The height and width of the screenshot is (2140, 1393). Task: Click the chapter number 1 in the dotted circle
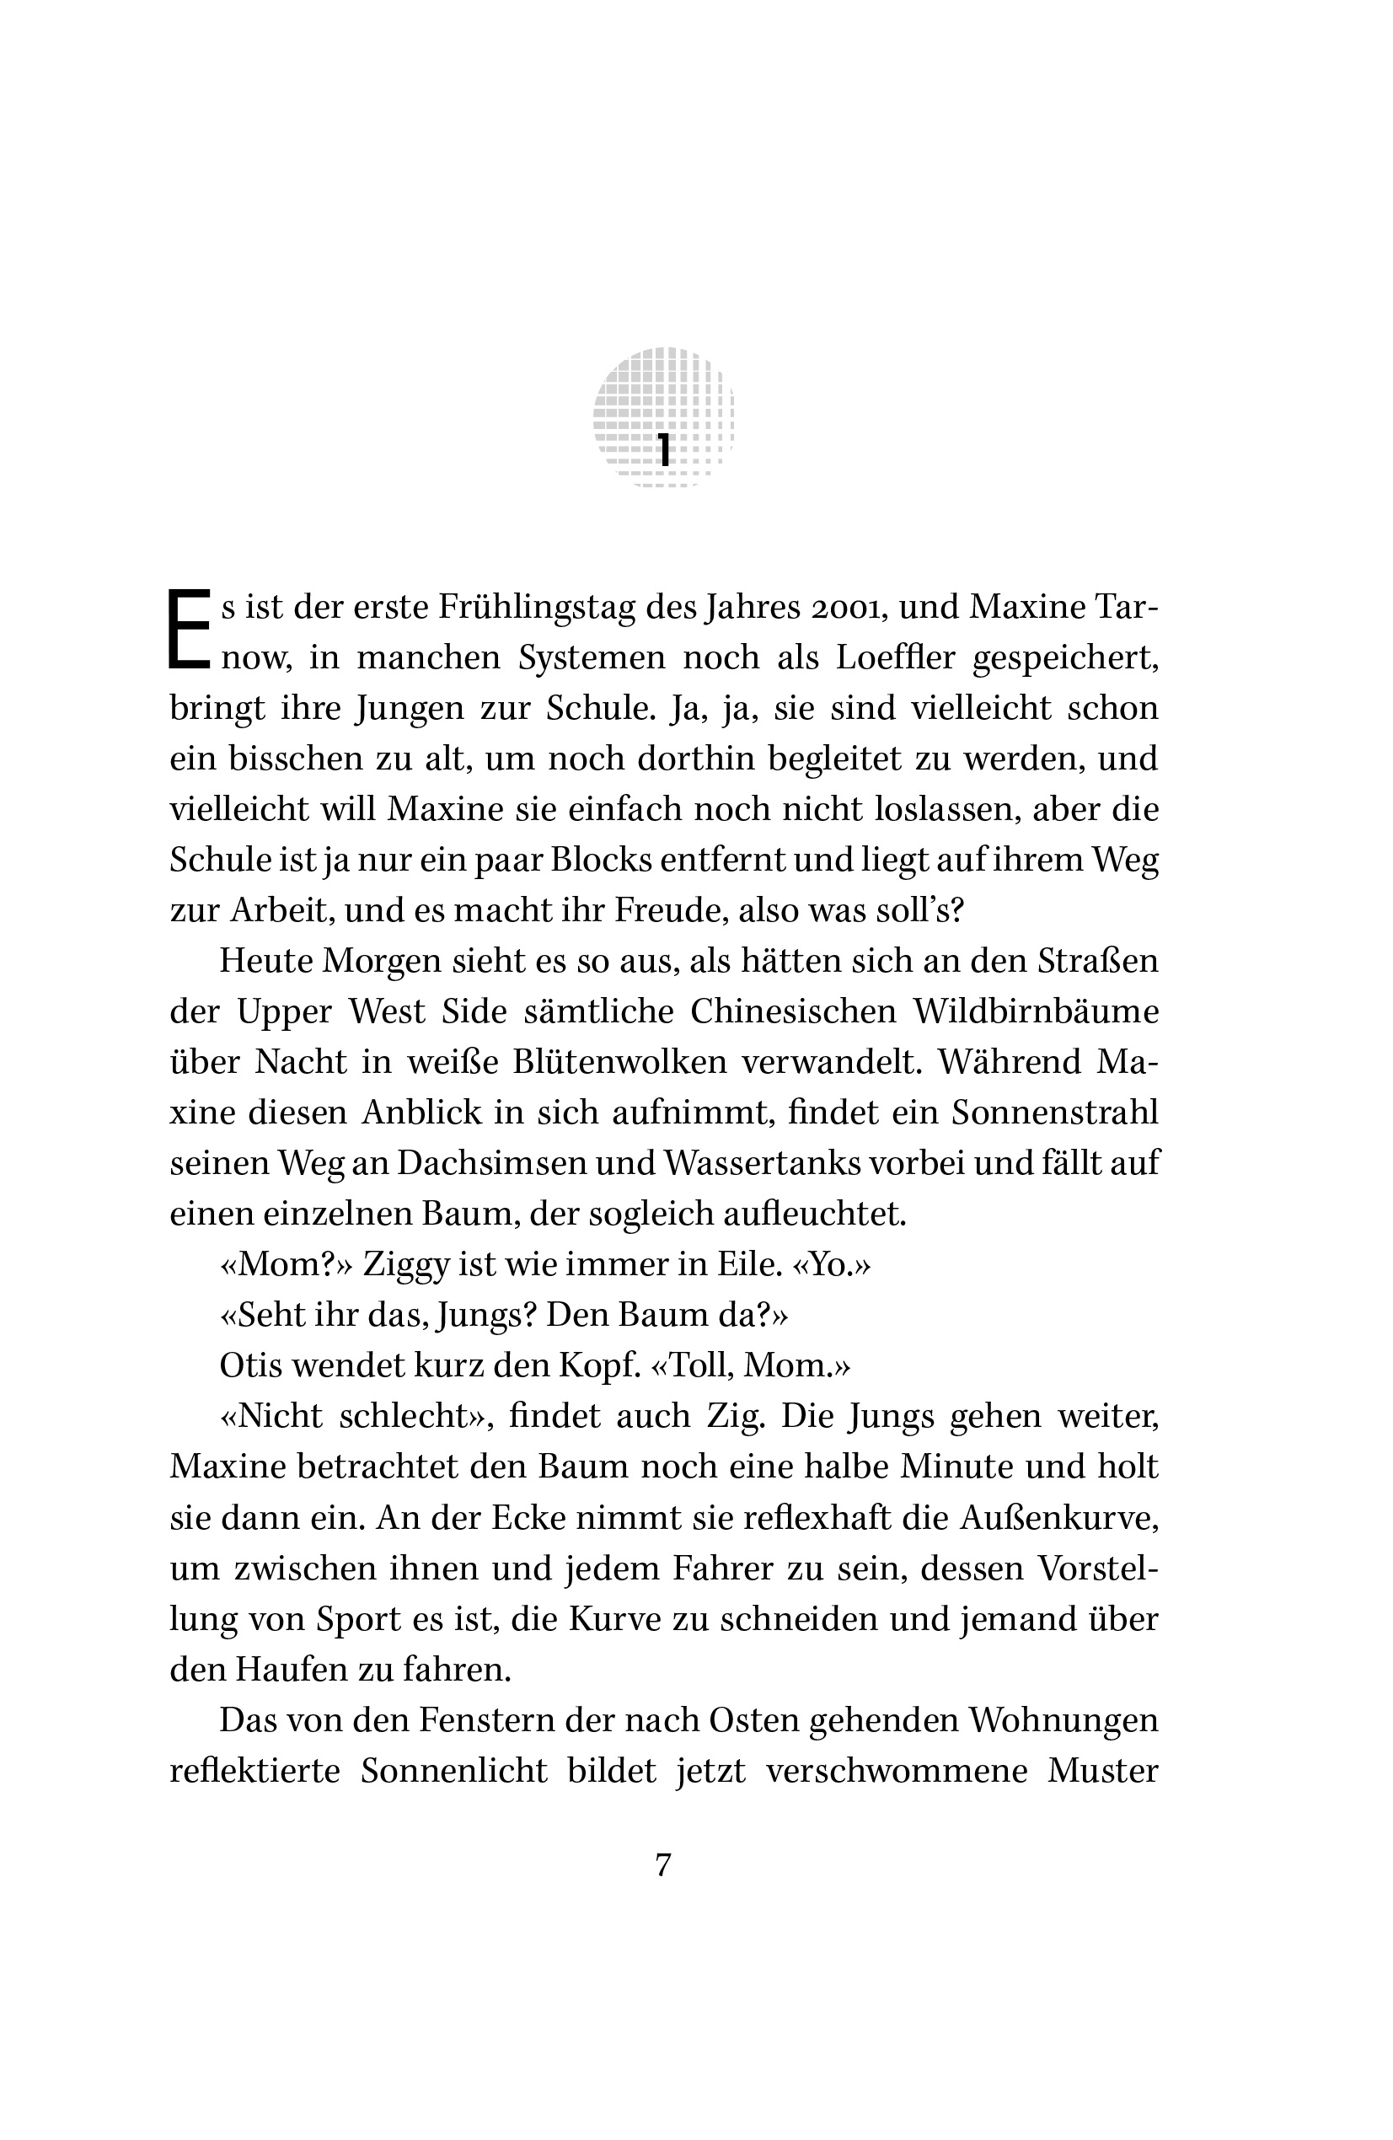[x=664, y=449]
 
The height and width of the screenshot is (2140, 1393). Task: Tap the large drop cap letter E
[x=189, y=630]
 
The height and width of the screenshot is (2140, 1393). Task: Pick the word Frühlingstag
[x=537, y=608]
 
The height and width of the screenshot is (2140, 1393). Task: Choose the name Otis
[x=250, y=1365]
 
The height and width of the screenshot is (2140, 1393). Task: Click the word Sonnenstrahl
[x=1055, y=1113]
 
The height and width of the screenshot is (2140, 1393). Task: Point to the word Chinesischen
[x=793, y=1011]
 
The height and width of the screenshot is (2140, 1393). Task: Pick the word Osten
[x=753, y=1720]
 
